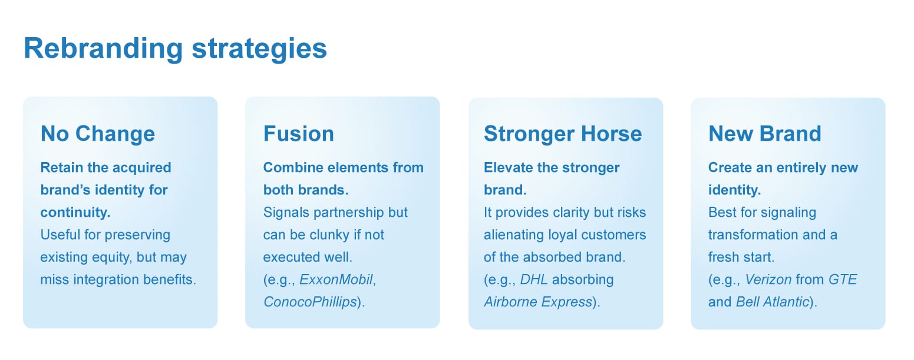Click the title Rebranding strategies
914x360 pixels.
coord(176,49)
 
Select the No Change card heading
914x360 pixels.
coord(98,134)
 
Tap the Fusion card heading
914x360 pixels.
coord(299,134)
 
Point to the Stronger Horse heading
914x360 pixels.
coord(563,134)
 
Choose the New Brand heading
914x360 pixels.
coord(765,134)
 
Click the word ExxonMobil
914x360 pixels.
coord(336,280)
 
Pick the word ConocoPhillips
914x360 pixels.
coord(310,302)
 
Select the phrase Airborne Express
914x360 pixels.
coord(538,302)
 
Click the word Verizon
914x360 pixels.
coord(768,280)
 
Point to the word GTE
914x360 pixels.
coord(843,280)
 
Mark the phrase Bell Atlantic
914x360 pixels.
coord(773,302)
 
